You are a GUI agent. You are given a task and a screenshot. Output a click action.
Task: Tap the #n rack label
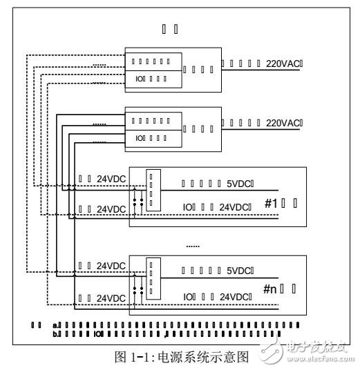coord(271,290)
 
